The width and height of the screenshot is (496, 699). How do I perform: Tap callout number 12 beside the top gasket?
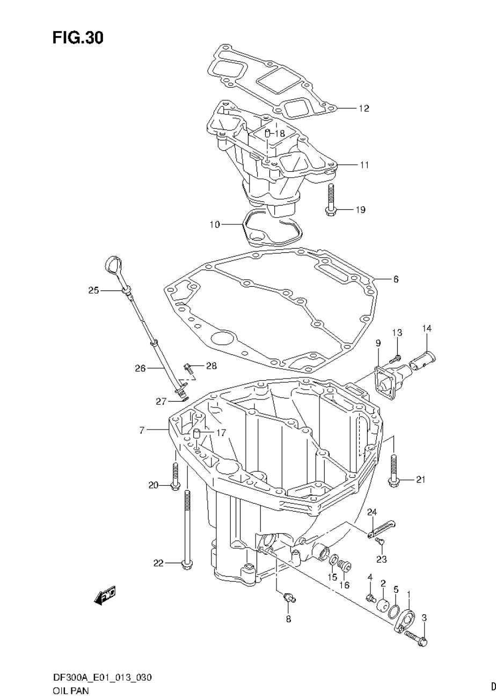[364, 108]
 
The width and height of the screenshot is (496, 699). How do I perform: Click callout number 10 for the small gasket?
[215, 224]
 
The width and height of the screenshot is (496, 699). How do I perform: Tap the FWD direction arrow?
[106, 595]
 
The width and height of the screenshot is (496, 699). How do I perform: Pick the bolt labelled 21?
[393, 471]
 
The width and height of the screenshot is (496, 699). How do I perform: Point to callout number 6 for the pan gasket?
[396, 279]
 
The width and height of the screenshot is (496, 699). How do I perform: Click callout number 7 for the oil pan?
[142, 431]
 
